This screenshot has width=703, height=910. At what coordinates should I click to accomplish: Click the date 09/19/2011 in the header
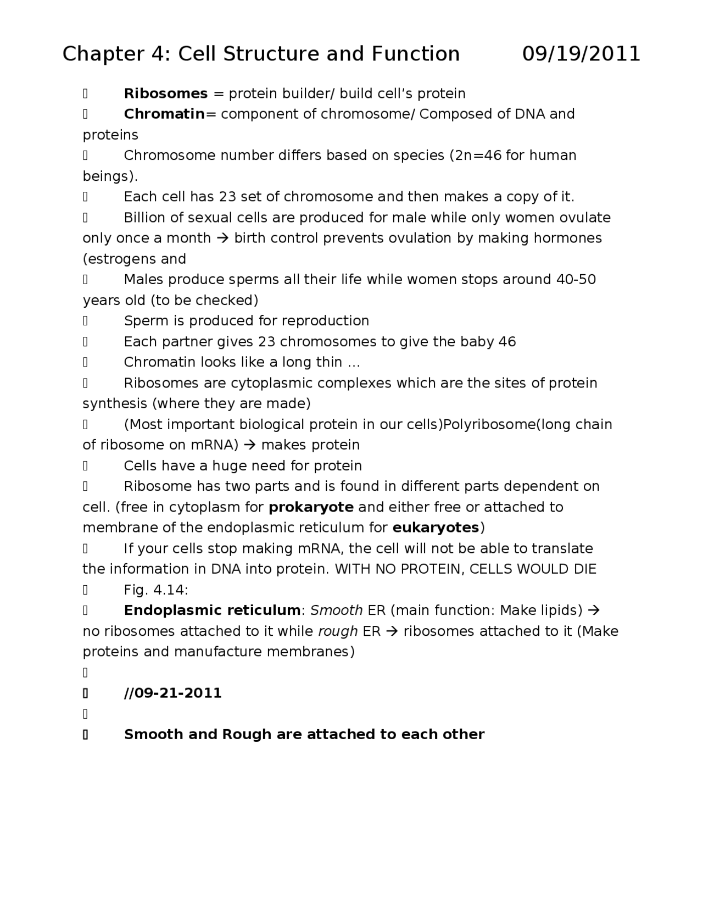pos(581,54)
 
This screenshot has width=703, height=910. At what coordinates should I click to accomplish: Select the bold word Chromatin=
pos(172,114)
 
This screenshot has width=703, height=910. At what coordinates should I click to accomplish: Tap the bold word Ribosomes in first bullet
pos(166,93)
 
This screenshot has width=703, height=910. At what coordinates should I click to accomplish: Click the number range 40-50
pos(576,280)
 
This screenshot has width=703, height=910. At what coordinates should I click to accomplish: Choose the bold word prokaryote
pos(311,507)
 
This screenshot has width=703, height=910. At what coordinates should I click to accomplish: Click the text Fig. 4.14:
pos(156,590)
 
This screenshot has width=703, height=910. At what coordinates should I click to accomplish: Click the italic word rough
pos(338,631)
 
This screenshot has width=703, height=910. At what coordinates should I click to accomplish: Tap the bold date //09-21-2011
pos(173,693)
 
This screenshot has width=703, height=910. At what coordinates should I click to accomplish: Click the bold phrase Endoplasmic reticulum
pos(212,611)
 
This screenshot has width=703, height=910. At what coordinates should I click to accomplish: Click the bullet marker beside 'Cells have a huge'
pos(86,466)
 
